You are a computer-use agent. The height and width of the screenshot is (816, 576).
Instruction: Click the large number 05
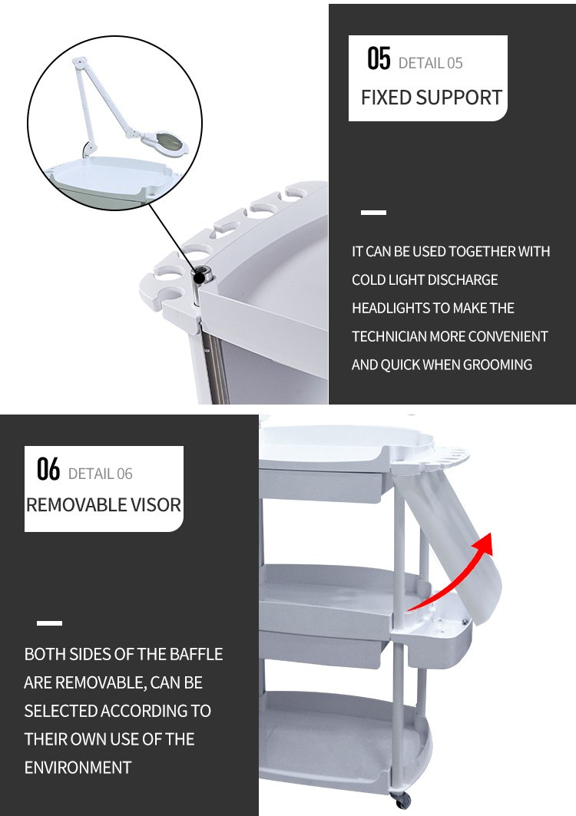click(379, 58)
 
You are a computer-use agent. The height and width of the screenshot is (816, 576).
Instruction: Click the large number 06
click(48, 468)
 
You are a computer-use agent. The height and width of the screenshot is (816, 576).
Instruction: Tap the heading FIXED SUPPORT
click(431, 97)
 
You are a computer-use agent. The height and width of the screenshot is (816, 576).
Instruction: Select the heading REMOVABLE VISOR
click(104, 505)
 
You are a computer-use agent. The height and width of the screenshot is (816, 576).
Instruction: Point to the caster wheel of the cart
click(402, 801)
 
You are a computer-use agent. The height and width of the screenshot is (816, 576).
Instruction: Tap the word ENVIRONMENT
click(78, 768)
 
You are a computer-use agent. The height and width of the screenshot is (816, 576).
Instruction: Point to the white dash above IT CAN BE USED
click(373, 213)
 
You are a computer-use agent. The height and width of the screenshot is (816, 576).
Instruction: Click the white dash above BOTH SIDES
click(49, 623)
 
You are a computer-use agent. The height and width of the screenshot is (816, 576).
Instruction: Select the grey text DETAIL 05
click(430, 64)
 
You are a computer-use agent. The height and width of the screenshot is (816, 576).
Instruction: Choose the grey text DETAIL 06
click(101, 474)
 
